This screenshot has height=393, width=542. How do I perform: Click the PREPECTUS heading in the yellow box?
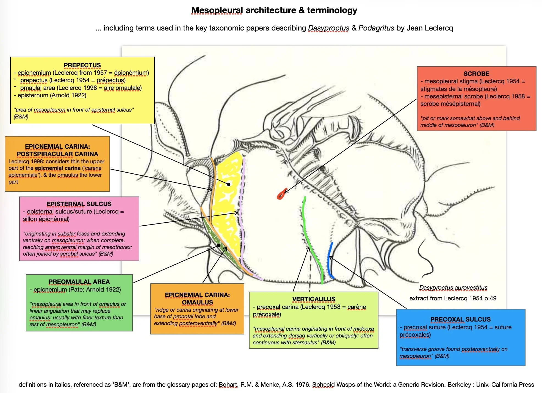tap(82, 65)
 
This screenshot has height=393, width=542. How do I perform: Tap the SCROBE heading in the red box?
tap(476, 74)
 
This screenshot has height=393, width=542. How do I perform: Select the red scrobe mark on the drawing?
tap(281, 195)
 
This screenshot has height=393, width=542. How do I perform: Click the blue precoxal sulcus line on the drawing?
tap(330, 261)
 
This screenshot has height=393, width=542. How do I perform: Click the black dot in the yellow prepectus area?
tap(229, 184)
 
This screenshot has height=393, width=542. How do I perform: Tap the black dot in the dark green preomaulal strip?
tap(219, 245)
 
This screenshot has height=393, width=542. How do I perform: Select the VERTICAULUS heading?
tap(314, 299)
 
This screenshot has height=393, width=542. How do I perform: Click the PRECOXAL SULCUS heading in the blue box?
tap(460, 319)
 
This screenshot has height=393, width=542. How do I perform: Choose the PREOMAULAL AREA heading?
tap(79, 282)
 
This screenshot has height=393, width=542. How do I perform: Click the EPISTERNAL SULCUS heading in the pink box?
tap(79, 204)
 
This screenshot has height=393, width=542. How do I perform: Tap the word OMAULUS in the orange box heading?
tap(197, 302)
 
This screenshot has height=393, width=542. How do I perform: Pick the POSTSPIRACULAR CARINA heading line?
tap(57, 154)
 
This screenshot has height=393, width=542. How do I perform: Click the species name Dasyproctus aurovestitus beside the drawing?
tap(453, 288)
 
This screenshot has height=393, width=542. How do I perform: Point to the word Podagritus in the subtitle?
tap(376, 28)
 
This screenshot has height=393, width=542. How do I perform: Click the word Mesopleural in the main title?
tap(217, 10)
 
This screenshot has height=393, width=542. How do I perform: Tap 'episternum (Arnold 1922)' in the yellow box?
tap(52, 95)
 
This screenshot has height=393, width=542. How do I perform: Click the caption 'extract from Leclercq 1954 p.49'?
tap(453, 298)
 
